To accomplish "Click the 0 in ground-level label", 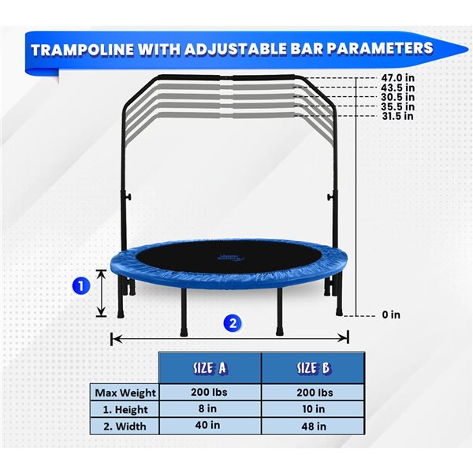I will [391, 315].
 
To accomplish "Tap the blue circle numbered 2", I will [231, 322].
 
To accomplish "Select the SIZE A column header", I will [210, 368].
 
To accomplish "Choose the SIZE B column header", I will [313, 368].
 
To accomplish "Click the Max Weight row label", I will [126, 393].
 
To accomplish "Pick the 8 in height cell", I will [210, 409].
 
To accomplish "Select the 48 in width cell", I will [313, 426].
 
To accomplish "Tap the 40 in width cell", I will [210, 426].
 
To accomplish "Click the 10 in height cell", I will [313, 409].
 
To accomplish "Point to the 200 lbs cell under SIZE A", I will [210, 393].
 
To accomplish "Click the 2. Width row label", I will [126, 426].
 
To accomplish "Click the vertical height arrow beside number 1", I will [102, 292].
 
